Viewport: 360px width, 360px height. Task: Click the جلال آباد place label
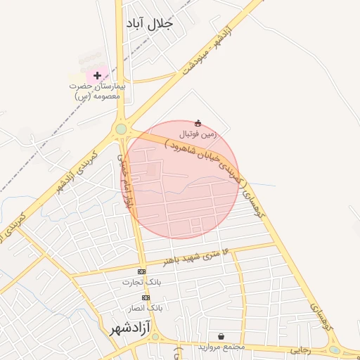point(148,23)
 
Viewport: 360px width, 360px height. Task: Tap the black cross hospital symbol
point(96,75)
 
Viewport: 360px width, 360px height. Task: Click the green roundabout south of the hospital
point(121,129)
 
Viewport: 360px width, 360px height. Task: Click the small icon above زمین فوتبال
point(198,123)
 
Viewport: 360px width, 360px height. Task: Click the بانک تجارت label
point(142,282)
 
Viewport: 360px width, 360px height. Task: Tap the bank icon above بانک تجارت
point(142,271)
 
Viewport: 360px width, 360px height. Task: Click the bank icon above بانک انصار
point(146,297)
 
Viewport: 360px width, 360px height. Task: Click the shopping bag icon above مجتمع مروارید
point(221,337)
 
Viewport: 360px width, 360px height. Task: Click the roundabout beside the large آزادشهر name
point(154,337)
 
